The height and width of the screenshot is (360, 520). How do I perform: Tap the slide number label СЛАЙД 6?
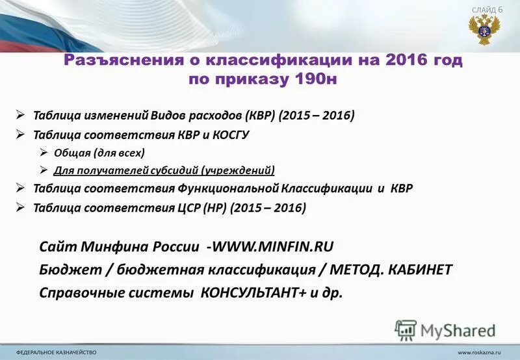point(487,10)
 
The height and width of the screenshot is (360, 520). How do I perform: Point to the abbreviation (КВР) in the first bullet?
point(260,115)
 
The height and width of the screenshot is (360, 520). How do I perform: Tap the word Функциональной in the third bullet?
point(229,189)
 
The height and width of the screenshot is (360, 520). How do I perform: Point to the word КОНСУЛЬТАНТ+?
point(255,292)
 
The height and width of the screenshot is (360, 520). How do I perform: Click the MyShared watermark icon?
point(406,329)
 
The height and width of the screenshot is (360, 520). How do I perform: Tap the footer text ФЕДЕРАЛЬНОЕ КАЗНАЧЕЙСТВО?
point(56,352)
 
